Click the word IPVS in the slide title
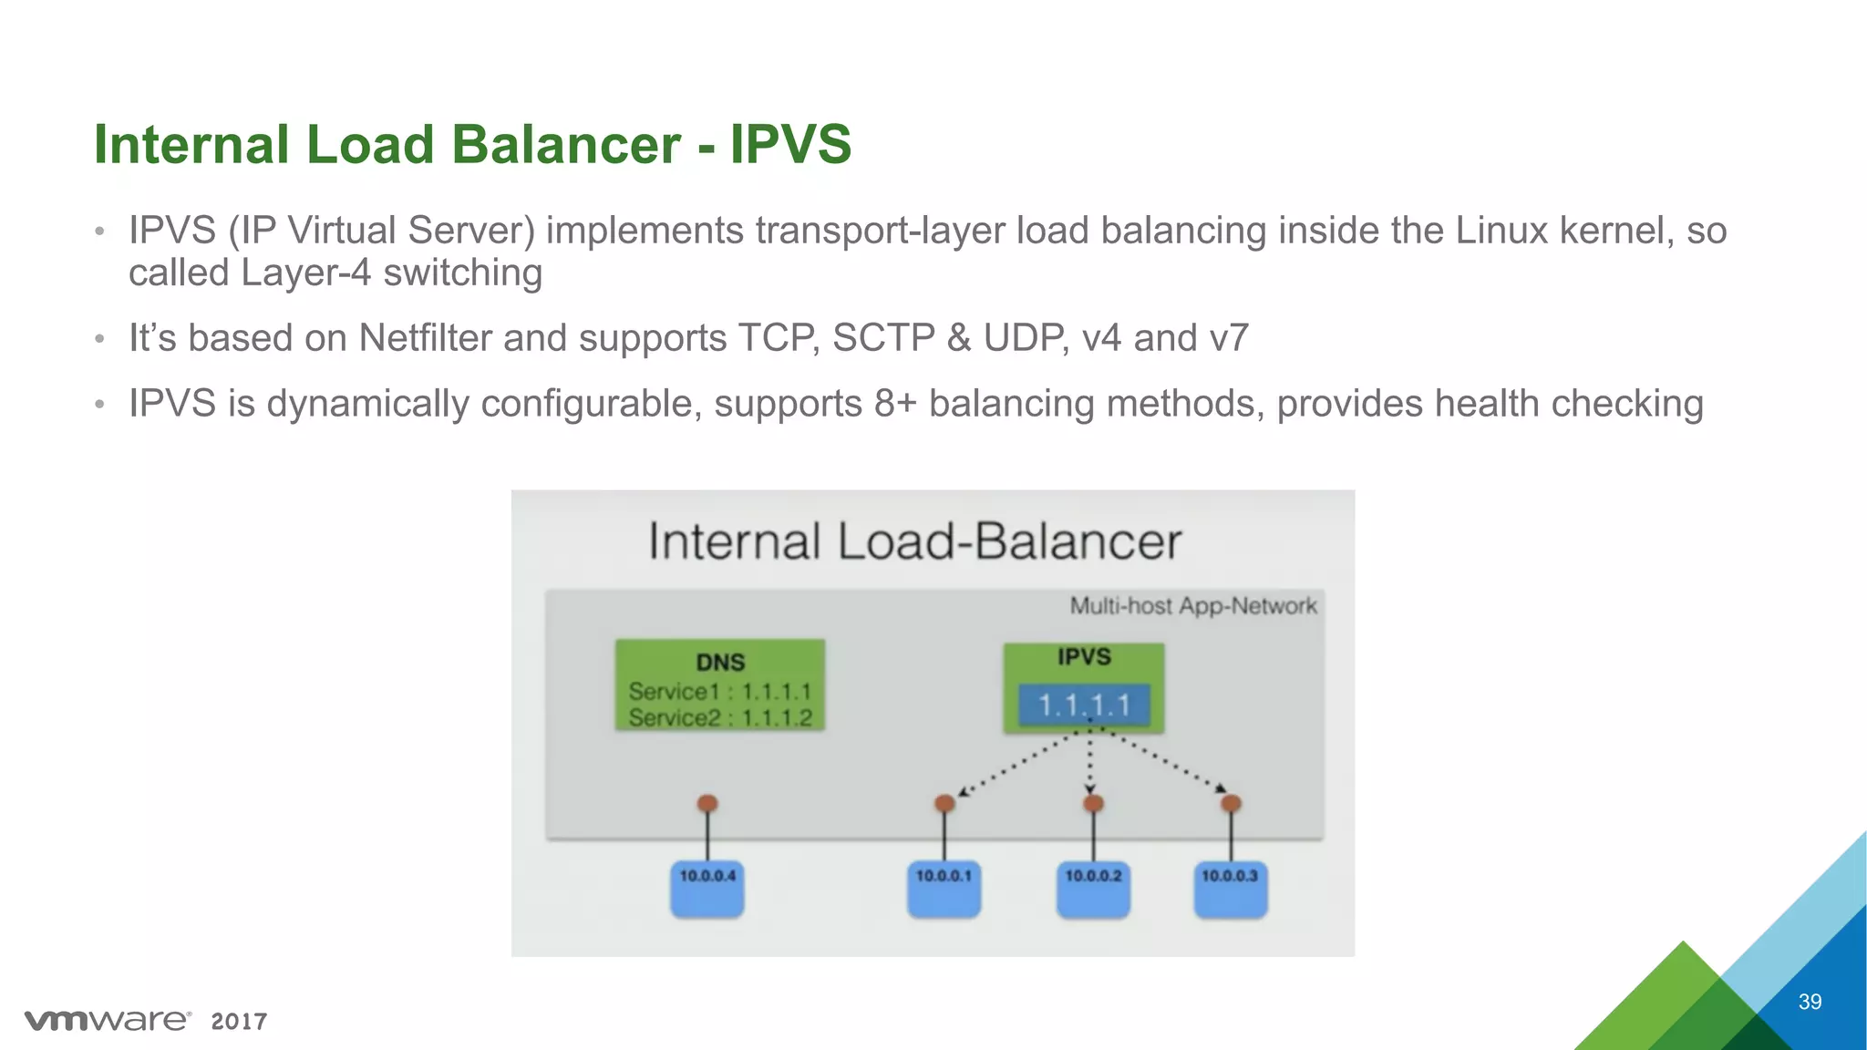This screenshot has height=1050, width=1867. pos(790,145)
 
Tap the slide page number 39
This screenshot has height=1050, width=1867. pos(1810,1002)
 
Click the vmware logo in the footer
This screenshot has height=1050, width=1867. pos(108,1020)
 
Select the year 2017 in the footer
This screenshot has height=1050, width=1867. pos(239,1022)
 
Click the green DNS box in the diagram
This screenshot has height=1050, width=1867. pos(720,685)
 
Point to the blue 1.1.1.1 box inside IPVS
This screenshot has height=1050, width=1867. pos(1084,705)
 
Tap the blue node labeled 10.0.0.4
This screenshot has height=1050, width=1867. pos(707,889)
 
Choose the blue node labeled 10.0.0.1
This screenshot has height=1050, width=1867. pos(944,889)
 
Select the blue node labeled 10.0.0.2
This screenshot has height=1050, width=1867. pos(1093,889)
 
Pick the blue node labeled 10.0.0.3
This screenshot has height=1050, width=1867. pos(1230,889)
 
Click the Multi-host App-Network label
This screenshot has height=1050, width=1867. pos(1192,606)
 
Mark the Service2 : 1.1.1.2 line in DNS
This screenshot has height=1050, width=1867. pos(720,718)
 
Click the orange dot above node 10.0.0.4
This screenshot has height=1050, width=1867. pos(707,803)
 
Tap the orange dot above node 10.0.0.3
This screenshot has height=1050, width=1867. pos(1231,803)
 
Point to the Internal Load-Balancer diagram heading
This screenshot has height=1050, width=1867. pos(914,541)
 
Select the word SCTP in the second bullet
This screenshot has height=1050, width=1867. pos(883,338)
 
